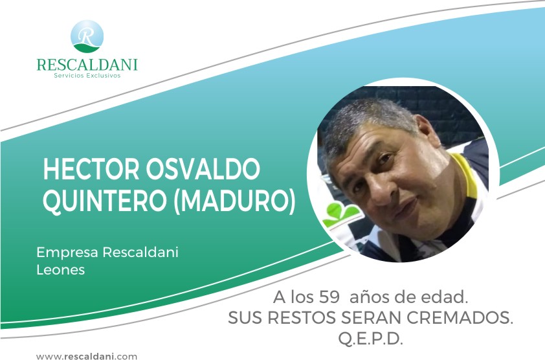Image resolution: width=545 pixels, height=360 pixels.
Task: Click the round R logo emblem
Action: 87,36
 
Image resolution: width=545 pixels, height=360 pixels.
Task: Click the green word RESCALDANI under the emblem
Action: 87,65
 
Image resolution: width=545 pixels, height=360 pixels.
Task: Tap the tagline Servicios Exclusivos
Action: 87,76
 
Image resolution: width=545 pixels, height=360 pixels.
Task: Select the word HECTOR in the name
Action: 91,169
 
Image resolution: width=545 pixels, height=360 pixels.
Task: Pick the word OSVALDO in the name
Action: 203,169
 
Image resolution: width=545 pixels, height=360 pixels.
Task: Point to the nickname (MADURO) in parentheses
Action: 234,201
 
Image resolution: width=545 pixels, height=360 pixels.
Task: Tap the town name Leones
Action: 60,270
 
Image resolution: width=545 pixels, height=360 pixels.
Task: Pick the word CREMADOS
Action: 460,317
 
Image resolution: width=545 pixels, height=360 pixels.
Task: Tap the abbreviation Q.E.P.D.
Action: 370,339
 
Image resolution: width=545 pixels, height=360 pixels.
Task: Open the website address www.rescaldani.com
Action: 87,356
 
